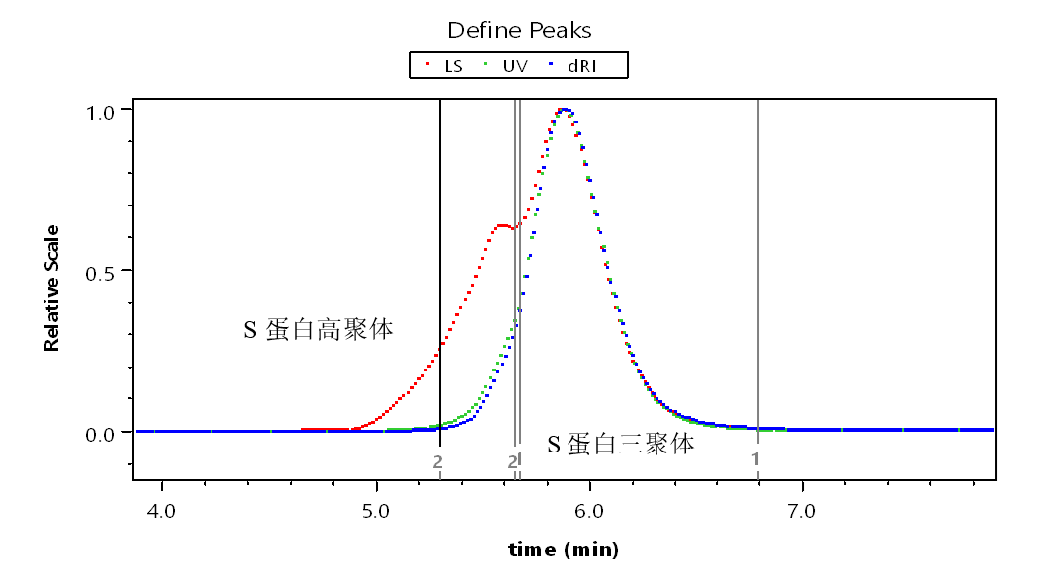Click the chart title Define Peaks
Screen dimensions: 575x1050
[519, 30]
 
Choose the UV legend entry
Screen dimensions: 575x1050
[507, 66]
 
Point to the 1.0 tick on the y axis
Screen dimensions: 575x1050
[104, 109]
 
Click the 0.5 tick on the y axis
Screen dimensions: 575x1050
[104, 270]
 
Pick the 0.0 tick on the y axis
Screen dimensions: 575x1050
[104, 432]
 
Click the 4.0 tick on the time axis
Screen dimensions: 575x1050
[161, 512]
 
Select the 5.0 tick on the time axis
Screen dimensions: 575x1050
[376, 512]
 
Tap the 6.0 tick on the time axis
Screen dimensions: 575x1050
[589, 512]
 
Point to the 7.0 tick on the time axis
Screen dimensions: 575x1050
[802, 512]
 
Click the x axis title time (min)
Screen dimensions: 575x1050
[564, 549]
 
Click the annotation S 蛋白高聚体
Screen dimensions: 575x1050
[318, 329]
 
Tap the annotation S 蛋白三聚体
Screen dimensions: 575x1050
[621, 444]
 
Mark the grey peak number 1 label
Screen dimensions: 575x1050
[755, 458]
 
